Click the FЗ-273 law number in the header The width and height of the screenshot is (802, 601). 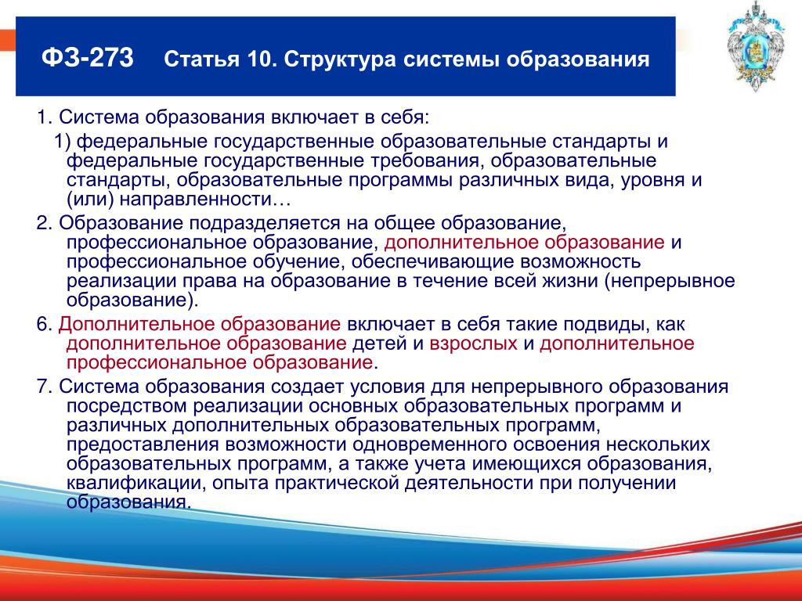click(88, 58)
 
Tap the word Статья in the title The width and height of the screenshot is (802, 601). click(201, 59)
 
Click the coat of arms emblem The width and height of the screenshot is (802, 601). click(756, 46)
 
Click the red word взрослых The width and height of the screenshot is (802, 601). click(473, 344)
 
